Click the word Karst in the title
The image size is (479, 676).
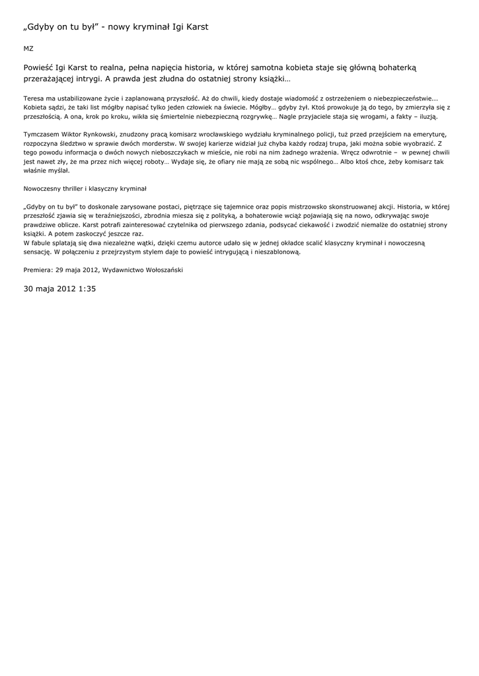pyautogui.click(x=196, y=27)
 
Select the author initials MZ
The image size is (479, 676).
pyautogui.click(x=28, y=49)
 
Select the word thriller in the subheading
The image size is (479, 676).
pyautogui.click(x=77, y=188)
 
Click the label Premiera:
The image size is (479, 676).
pyautogui.click(x=38, y=270)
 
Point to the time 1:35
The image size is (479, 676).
pyautogui.click(x=83, y=289)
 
